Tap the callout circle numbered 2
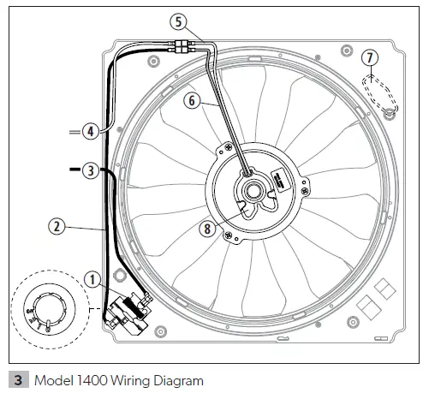pos(56,227)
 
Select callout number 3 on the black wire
pos(92,170)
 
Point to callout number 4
pos(90,131)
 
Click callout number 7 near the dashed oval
pos(368,57)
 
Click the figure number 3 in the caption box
pos(13,377)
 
